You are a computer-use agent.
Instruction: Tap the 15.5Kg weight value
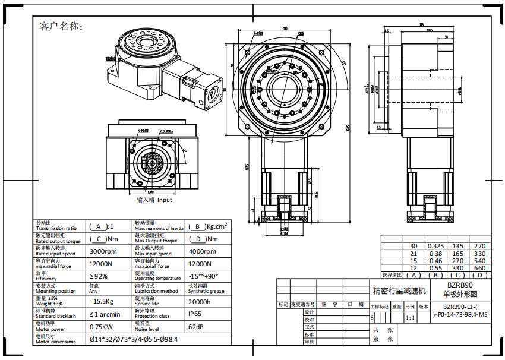tap(103, 302)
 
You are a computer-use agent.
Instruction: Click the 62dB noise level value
tap(197, 327)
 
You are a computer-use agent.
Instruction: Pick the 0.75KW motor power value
tap(103, 327)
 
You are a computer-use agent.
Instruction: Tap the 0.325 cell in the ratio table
tap(436, 246)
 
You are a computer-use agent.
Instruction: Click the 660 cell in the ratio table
tap(480, 268)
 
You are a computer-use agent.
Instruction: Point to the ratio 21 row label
tap(414, 254)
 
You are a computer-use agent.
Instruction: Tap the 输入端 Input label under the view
tap(154, 200)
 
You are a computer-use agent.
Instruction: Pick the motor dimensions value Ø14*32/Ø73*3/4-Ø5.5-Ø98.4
tap(134, 339)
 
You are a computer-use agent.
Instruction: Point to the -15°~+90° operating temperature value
tap(204, 276)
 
